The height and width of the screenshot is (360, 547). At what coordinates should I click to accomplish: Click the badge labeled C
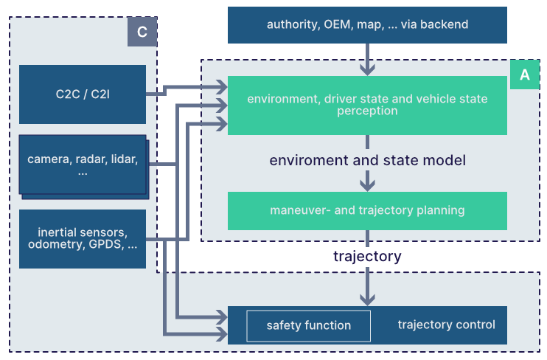click(x=142, y=32)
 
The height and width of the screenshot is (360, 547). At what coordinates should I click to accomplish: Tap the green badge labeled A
click(x=524, y=75)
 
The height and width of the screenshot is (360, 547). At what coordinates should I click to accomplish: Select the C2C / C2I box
click(x=83, y=94)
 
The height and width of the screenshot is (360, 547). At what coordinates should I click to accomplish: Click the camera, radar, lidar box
click(x=83, y=165)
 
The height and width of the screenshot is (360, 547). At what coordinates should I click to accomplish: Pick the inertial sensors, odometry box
click(x=83, y=238)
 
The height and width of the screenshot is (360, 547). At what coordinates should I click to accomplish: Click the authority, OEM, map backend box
click(x=367, y=25)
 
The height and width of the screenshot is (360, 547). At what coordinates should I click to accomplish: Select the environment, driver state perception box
click(x=367, y=105)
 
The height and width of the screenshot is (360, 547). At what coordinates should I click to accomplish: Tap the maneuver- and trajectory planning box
click(x=367, y=210)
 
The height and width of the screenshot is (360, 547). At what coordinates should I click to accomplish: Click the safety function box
click(x=308, y=325)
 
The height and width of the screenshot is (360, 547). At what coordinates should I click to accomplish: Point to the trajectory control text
click(x=446, y=325)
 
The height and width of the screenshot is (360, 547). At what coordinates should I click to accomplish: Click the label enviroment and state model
click(x=367, y=160)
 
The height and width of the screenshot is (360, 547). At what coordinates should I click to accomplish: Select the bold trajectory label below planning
click(x=367, y=257)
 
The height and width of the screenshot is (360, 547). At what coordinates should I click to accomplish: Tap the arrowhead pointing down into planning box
click(x=367, y=184)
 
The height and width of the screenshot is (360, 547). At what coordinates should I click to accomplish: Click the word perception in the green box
click(x=367, y=111)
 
